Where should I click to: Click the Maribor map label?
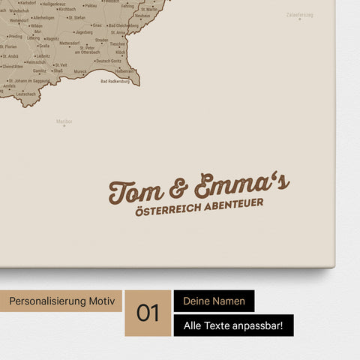tap(64, 121)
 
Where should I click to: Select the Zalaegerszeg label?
tap(300, 15)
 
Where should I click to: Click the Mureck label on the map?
tap(80, 71)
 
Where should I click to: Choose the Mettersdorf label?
tap(80, 43)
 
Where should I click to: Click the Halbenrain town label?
tap(124, 71)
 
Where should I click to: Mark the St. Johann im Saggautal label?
tap(25, 81)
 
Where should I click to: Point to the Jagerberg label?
tap(84, 33)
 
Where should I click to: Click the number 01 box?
tap(148, 313)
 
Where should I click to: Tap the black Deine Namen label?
tap(214, 301)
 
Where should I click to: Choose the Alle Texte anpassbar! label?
tap(233, 325)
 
